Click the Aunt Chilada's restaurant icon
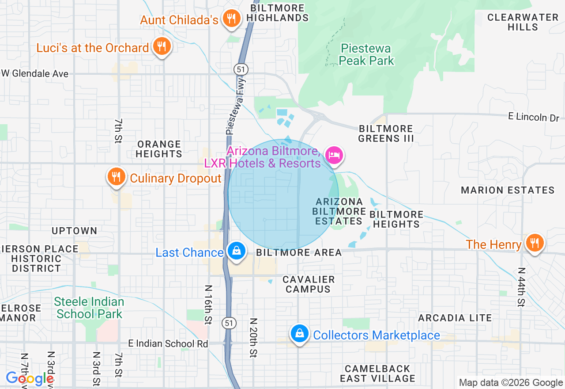230,19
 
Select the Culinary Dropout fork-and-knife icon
116,177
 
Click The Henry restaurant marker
535,243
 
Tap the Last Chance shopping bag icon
237,251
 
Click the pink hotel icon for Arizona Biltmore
334,155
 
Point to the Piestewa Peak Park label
366,54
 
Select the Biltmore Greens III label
386,133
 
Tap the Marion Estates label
508,190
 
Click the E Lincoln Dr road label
533,117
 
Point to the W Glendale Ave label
35,74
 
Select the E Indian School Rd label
168,343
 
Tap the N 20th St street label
253,338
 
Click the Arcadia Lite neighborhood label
455,318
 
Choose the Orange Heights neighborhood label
159,149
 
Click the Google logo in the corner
30,379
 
